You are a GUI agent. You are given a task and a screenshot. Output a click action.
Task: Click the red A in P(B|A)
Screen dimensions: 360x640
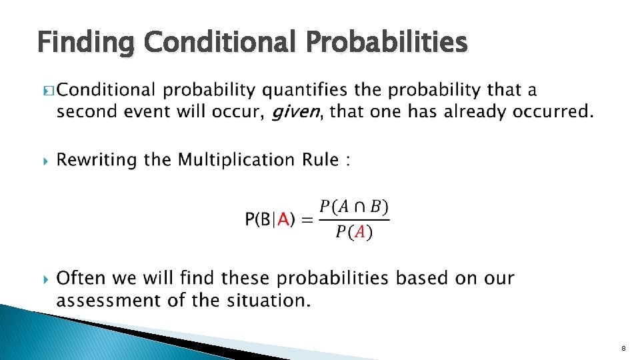[x=284, y=219]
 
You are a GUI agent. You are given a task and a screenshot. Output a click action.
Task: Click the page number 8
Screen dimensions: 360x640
[x=623, y=348]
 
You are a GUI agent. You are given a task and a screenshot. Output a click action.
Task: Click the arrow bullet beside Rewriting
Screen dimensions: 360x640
[x=45, y=161]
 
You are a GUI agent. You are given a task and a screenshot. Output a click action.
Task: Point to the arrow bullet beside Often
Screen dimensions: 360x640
[x=45, y=278]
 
